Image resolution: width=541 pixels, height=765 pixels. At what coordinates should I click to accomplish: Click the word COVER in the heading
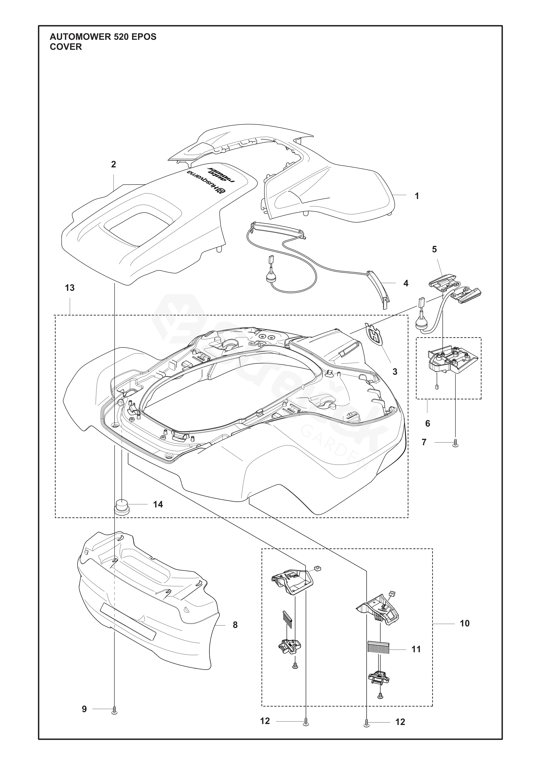[x=66, y=47]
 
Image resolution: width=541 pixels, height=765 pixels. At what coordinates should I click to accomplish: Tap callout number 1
[x=416, y=196]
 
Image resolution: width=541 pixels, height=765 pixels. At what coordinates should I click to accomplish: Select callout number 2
[x=114, y=164]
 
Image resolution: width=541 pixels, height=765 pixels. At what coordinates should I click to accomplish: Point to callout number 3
[x=395, y=372]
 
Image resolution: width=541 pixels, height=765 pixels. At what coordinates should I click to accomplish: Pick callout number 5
[x=434, y=249]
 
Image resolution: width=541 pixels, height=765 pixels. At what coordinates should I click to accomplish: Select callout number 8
[x=235, y=625]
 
